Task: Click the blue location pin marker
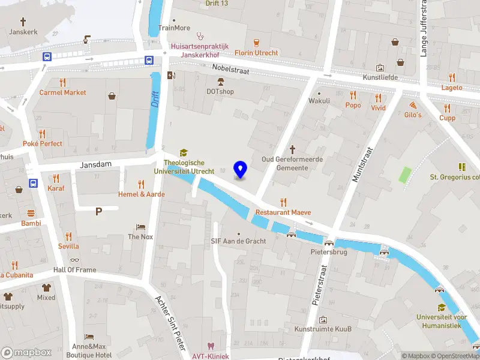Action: [240, 170]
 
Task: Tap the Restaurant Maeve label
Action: [283, 212]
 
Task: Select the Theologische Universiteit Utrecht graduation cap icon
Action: [184, 153]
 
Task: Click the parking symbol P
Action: [98, 211]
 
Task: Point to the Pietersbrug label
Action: [329, 252]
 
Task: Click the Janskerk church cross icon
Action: [23, 21]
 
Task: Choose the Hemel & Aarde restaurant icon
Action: [142, 184]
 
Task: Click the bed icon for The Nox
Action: [140, 227]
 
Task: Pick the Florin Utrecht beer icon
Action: [256, 43]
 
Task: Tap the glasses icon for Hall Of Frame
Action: [74, 260]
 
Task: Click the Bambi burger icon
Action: [31, 213]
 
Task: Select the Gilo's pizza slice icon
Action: [413, 104]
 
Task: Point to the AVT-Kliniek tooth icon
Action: [210, 346]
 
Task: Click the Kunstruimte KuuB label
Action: [323, 329]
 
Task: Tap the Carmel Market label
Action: [63, 92]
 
